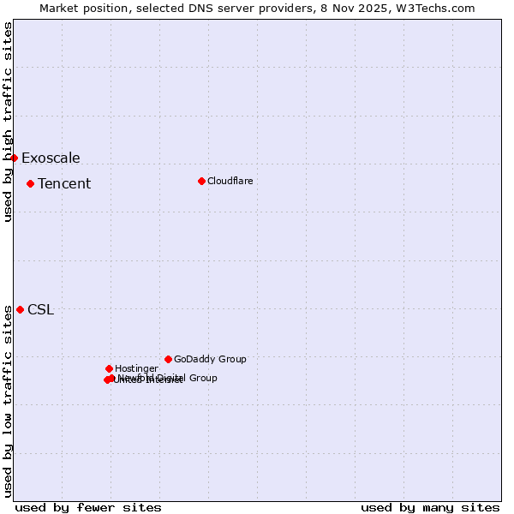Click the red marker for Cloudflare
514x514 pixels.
201,181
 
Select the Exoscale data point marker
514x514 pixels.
14,158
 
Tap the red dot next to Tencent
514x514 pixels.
30,183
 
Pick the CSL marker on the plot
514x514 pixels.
20,309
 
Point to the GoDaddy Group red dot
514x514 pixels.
168,359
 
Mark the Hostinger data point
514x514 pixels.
109,368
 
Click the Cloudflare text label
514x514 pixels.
230,181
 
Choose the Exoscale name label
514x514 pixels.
51,158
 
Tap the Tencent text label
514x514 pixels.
64,183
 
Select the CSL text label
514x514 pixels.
40,309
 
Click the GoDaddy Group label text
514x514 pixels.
210,359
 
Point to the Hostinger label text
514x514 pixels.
136,368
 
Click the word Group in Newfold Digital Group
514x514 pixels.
203,378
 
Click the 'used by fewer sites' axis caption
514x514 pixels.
88,507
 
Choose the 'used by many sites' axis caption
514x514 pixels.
430,507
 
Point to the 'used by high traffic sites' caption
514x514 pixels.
8,122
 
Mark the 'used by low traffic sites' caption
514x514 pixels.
8,401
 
